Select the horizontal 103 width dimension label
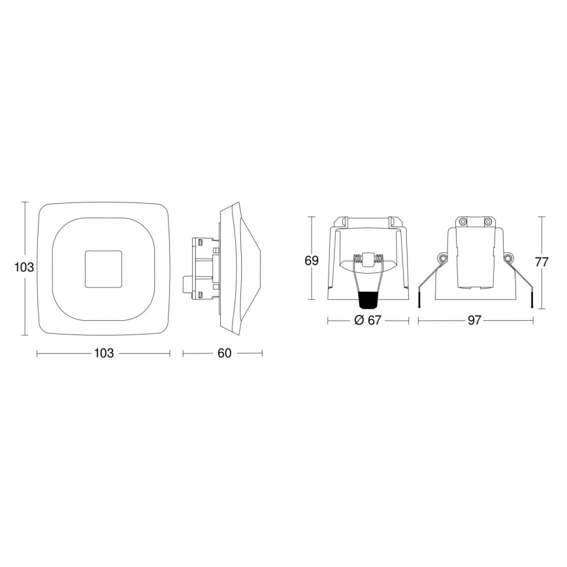tap(104, 353)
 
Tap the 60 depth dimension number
tap(224, 353)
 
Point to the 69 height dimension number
tap(312, 260)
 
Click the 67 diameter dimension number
tap(373, 320)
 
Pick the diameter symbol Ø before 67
tap(358, 320)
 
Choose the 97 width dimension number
tap(474, 320)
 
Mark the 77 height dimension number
tap(542, 263)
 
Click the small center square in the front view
tap(103, 267)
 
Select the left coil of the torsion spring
tap(358, 260)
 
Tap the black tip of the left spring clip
tap(419, 302)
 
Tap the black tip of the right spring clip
tap(532, 302)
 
